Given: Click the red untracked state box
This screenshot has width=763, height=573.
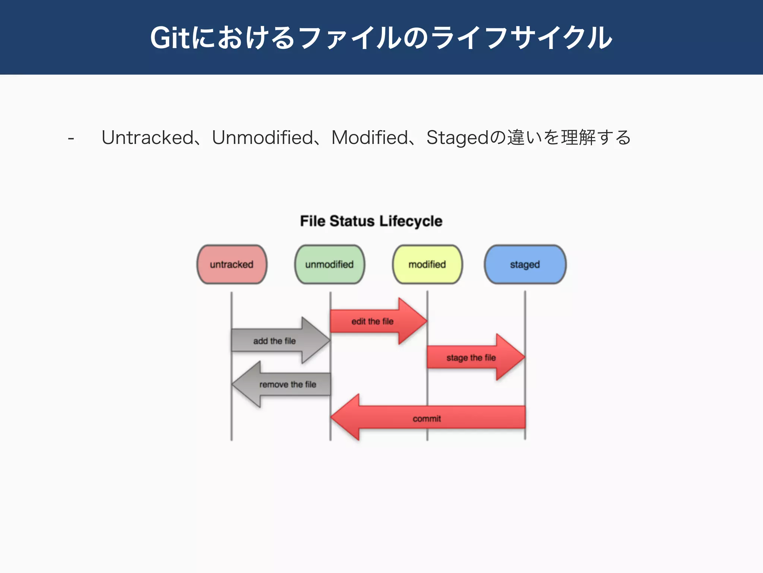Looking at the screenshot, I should (232, 264).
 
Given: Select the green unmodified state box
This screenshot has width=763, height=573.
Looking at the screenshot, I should (329, 264).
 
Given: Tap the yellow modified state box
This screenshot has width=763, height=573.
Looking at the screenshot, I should (427, 264).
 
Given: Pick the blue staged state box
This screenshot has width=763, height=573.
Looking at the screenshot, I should (525, 264).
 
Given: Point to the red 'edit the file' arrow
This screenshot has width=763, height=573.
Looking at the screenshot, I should (373, 321).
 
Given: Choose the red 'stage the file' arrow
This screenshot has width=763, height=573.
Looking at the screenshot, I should (471, 357).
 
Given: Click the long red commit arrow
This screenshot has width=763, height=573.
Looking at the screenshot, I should (427, 418).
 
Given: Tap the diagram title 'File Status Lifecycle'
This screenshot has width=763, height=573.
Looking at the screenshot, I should (371, 221).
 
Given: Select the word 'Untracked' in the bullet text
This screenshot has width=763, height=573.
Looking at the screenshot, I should (148, 138).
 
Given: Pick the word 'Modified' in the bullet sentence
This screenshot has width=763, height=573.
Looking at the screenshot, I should (370, 138).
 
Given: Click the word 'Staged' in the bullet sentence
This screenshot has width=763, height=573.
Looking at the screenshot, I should (457, 138).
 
